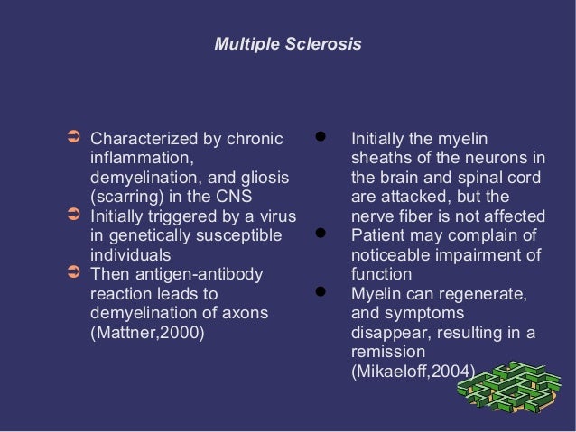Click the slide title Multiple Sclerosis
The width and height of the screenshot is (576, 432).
pyautogui.click(x=288, y=43)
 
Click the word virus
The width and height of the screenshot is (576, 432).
pyautogui.click(x=276, y=216)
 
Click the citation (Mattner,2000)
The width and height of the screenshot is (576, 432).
pyautogui.click(x=147, y=332)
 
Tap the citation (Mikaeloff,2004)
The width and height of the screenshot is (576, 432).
pyautogui.click(x=413, y=371)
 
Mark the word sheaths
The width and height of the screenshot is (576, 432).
pyautogui.click(x=379, y=159)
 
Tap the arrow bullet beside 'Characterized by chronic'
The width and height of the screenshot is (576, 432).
pyautogui.click(x=75, y=140)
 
